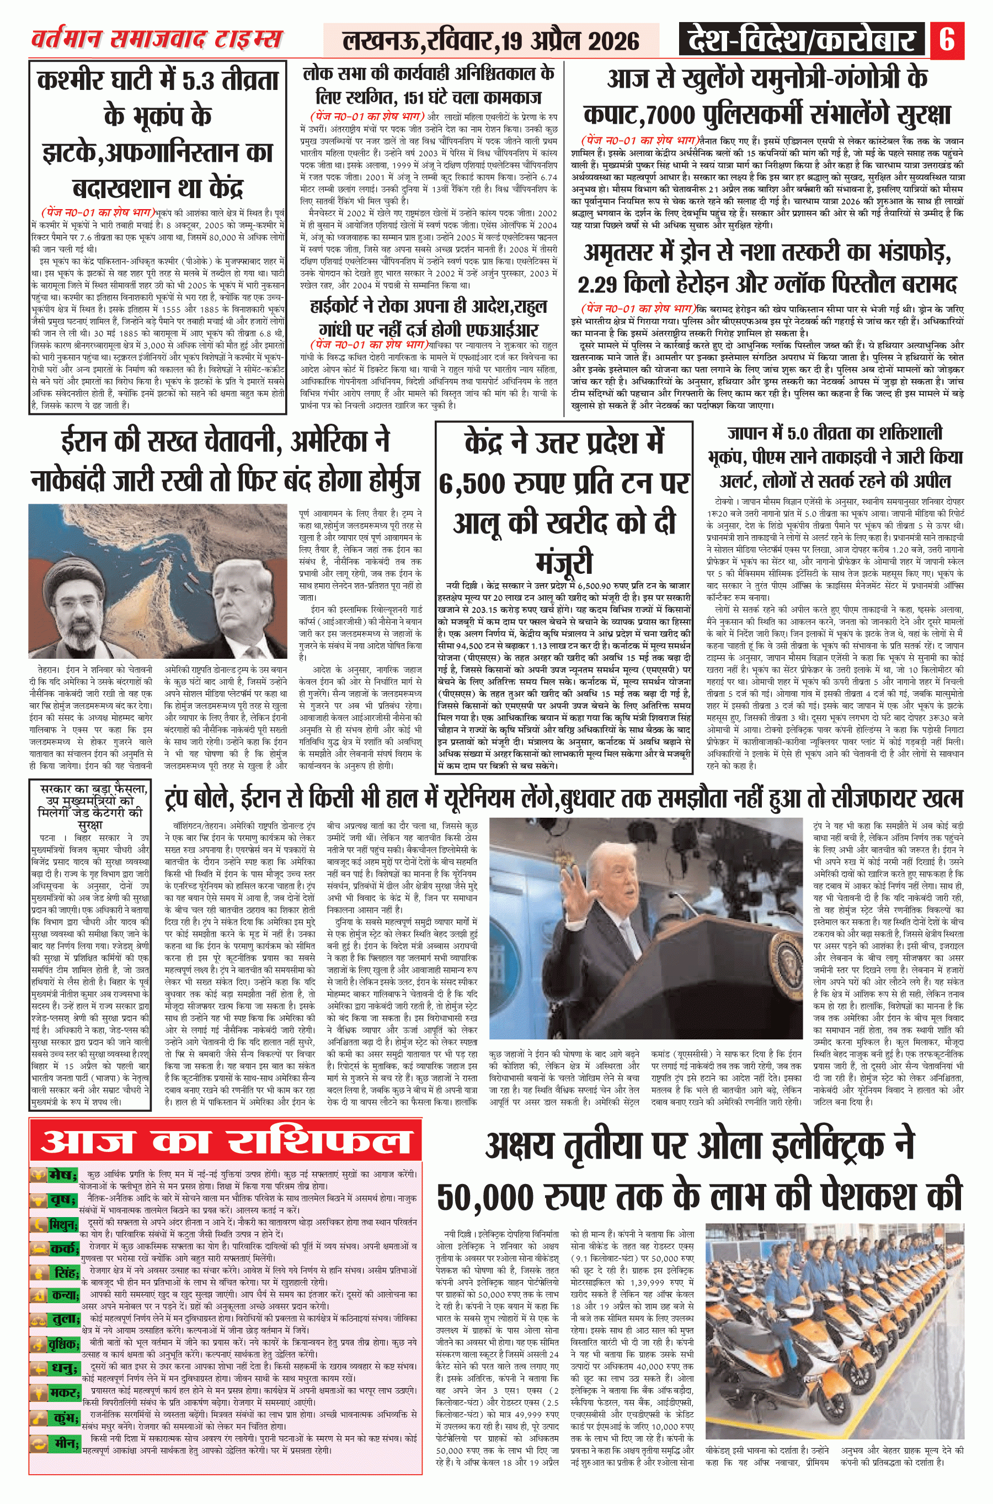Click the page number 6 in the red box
tap(947, 39)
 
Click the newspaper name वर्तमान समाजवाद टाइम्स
tap(156, 39)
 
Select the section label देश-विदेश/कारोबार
tap(802, 40)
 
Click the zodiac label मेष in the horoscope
tap(61, 1175)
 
